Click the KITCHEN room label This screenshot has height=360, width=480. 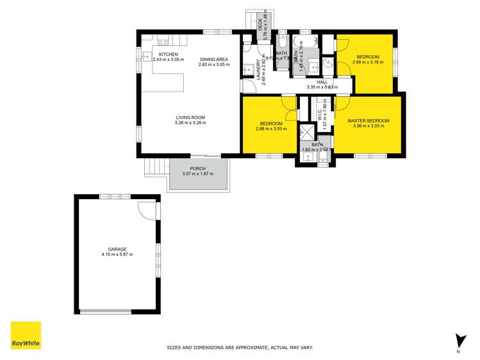168,54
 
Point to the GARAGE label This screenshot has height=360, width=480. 117,249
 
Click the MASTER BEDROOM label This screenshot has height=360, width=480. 368,120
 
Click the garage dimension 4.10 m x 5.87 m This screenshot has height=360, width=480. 117,255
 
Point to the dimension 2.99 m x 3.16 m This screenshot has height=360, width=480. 368,63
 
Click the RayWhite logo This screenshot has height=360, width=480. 26,336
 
